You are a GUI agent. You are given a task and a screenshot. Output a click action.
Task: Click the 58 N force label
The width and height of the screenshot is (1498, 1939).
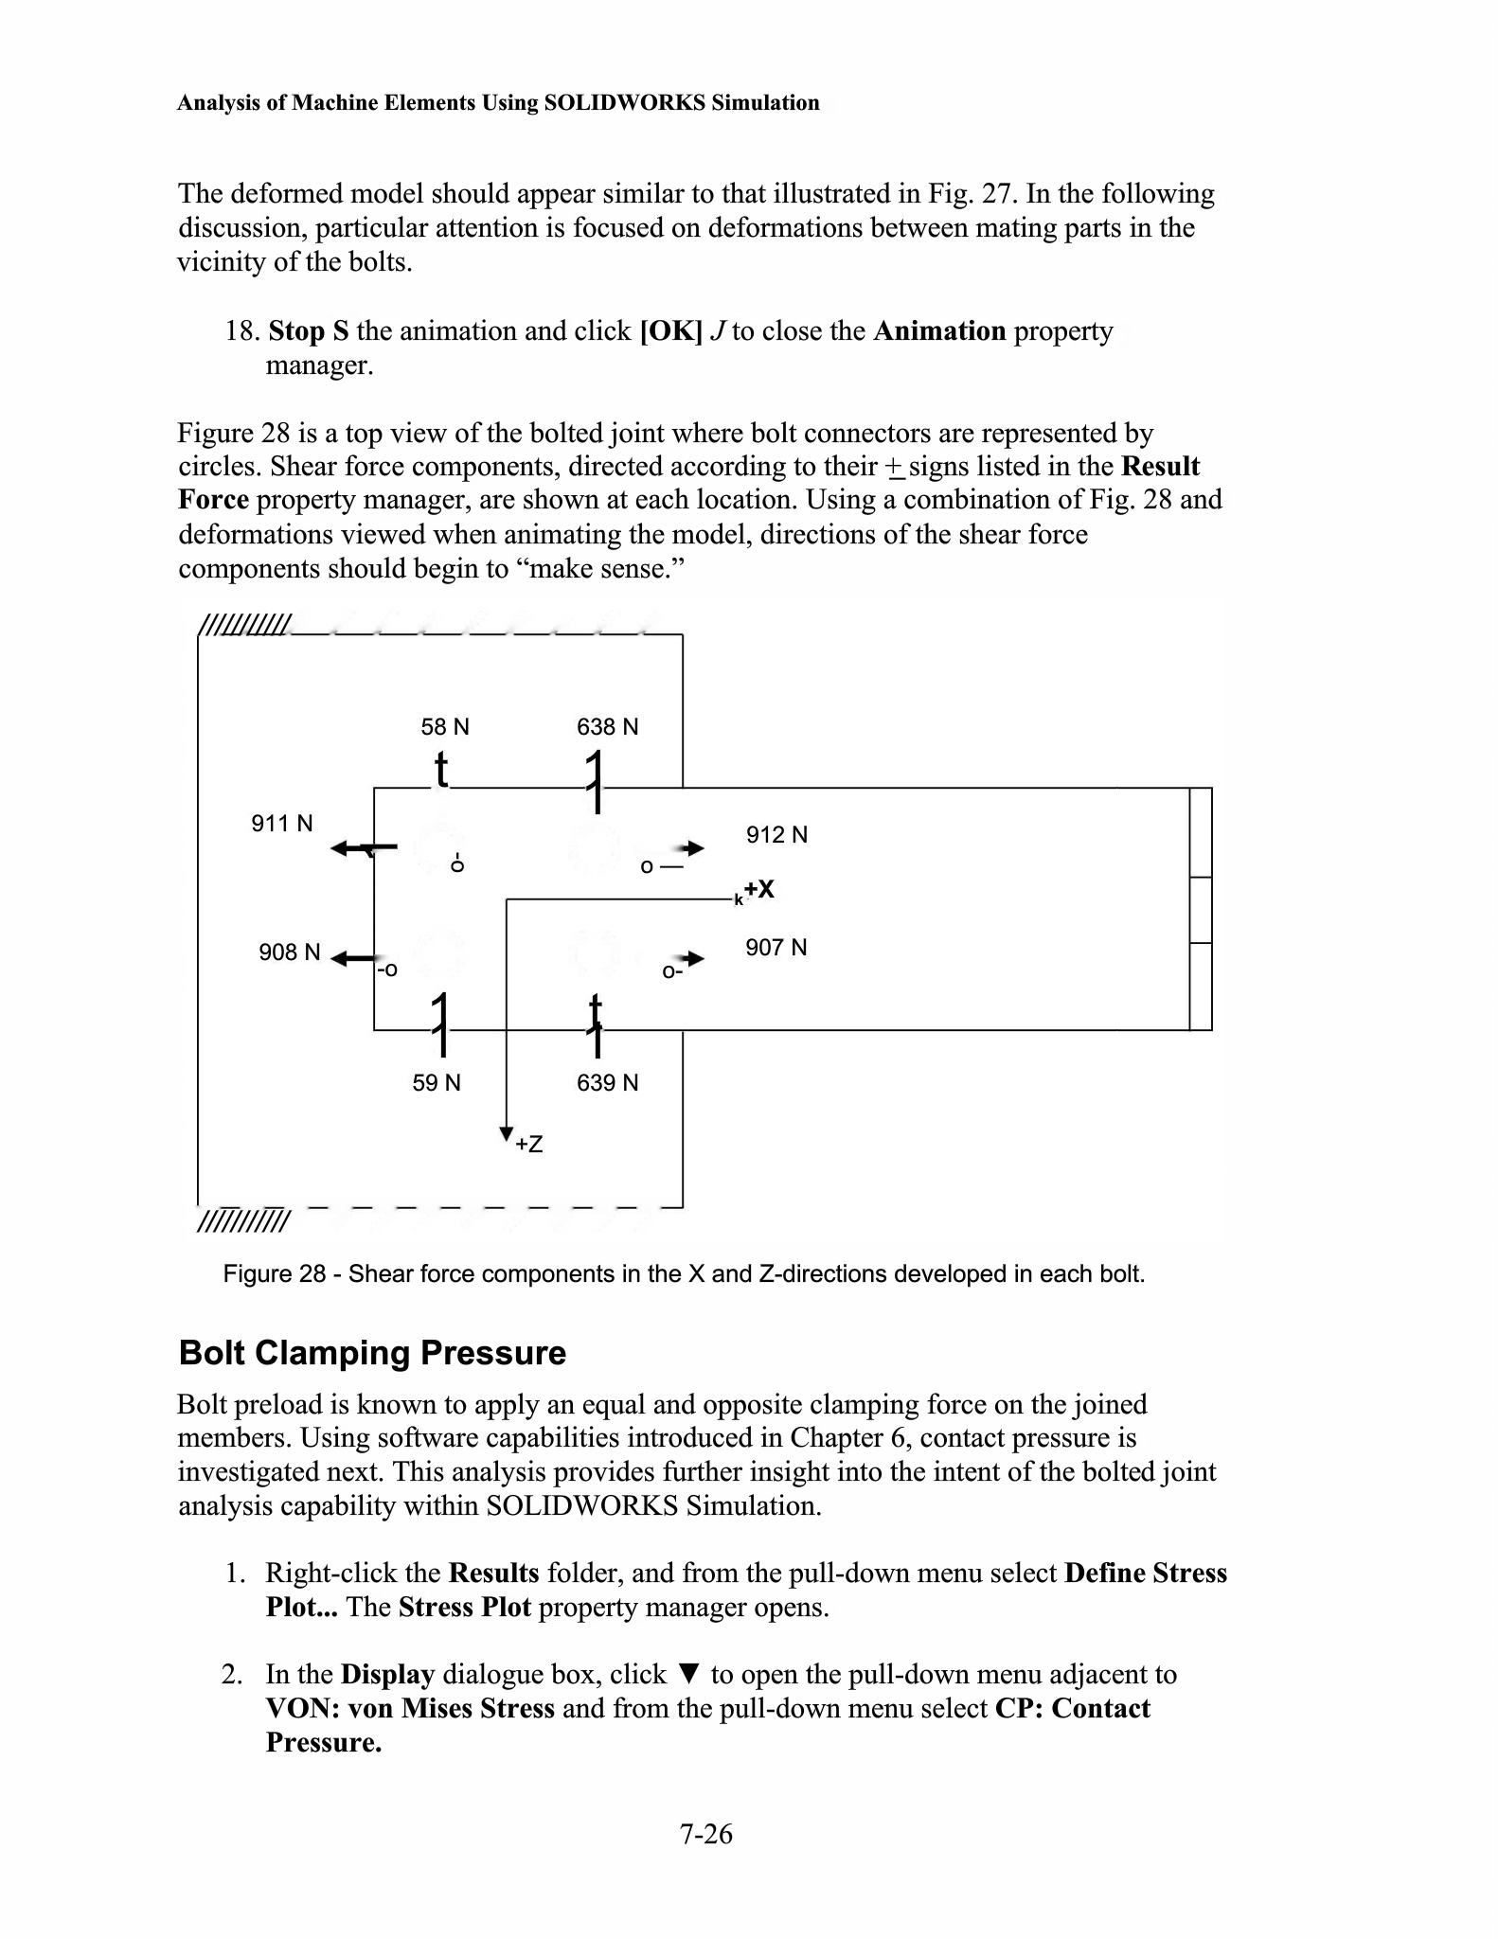coord(444,727)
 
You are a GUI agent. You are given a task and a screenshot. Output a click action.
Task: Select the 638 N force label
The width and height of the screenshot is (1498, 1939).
coord(607,727)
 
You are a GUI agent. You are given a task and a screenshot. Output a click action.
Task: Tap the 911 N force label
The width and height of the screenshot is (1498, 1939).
coord(281,824)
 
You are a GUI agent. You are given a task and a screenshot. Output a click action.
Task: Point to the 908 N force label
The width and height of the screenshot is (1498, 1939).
coord(289,952)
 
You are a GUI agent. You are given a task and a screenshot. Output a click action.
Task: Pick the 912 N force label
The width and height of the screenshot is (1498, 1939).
coord(776,835)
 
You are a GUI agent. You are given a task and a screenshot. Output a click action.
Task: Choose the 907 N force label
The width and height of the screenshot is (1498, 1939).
coord(776,948)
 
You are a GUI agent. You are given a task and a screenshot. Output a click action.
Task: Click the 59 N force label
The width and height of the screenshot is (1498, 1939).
coord(436,1083)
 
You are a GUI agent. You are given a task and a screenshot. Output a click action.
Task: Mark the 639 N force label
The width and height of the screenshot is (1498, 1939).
coord(607,1083)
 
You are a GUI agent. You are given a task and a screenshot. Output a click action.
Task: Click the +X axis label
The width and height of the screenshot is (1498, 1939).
coord(758,889)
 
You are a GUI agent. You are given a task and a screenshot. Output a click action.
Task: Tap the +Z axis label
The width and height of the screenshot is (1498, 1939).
coord(529,1145)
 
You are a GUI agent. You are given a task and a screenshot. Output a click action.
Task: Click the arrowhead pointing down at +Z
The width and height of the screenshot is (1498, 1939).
coord(507,1133)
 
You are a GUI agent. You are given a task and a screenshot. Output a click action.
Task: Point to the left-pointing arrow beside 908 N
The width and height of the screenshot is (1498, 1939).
coord(352,958)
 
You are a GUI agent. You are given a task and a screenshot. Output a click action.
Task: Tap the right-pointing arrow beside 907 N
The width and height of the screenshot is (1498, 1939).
coord(694,958)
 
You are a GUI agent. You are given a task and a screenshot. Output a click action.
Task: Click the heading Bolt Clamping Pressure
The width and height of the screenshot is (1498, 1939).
coord(372,1353)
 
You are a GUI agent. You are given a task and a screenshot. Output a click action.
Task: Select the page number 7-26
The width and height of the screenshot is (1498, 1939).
coord(705,1834)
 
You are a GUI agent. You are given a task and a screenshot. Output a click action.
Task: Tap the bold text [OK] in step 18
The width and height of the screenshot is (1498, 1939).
coord(670,331)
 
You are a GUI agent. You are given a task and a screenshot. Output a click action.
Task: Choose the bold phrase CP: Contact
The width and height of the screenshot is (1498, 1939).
coord(1072,1708)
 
